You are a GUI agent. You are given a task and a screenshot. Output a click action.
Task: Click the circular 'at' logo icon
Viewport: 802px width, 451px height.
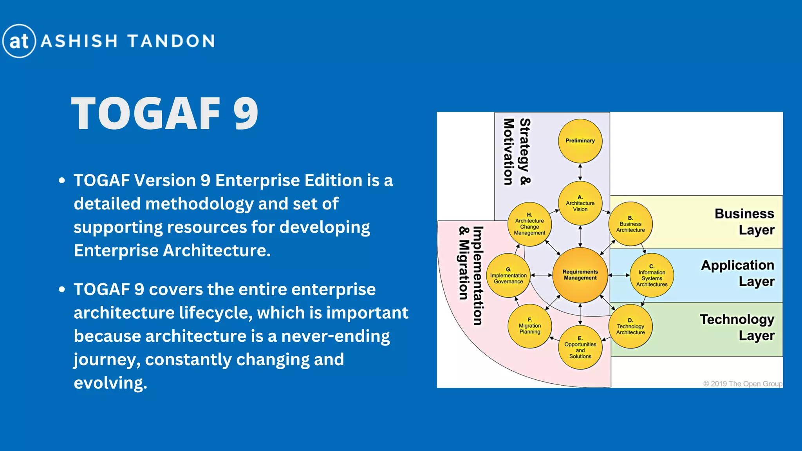tap(19, 41)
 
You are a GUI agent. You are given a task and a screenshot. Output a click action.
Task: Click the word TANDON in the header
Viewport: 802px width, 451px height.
tap(171, 41)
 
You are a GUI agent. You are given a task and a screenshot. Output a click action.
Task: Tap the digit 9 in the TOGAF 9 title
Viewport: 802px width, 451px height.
tap(246, 114)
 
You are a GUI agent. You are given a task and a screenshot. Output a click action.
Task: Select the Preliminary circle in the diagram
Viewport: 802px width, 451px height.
tap(580, 141)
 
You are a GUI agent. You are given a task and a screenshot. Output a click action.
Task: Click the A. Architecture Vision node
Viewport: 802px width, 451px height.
tap(580, 203)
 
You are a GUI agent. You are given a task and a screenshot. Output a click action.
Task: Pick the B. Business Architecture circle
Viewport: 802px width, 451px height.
tap(630, 224)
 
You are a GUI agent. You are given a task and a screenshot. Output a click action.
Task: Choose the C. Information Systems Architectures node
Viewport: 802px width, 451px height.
tap(652, 276)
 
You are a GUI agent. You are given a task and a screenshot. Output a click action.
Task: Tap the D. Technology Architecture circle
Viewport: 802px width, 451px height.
tap(630, 327)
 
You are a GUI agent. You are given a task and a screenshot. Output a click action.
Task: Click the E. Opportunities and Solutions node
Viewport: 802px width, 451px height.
tap(580, 347)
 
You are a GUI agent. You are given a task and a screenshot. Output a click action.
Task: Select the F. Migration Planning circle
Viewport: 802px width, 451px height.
tap(529, 326)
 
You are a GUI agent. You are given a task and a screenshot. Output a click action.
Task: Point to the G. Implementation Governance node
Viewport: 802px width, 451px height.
tap(508, 276)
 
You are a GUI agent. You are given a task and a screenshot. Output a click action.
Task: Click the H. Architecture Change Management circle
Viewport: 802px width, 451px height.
tap(529, 224)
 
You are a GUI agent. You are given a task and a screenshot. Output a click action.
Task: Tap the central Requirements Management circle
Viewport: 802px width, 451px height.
tap(580, 275)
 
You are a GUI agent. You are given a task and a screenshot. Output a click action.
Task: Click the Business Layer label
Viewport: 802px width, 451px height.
tap(744, 222)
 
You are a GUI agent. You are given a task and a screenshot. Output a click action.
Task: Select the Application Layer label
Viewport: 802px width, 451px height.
tap(737, 273)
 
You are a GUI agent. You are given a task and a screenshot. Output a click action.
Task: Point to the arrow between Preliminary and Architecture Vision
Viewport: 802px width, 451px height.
tap(580, 172)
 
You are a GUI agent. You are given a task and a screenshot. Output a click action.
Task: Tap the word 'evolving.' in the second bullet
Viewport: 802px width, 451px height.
tap(110, 383)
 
